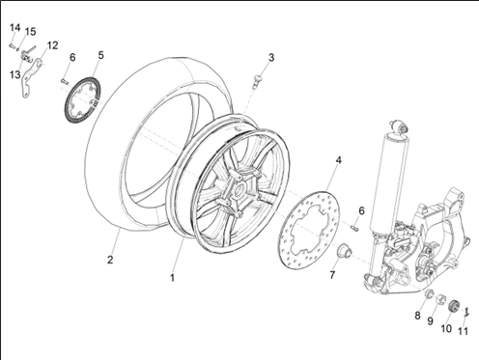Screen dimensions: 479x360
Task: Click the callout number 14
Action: pyautogui.click(x=14, y=28)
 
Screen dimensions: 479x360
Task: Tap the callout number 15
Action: pyautogui.click(x=30, y=32)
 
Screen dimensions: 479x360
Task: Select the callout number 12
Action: pyautogui.click(x=52, y=45)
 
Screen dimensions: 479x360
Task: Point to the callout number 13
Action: pyautogui.click(x=14, y=75)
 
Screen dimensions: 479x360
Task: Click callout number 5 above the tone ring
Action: pyautogui.click(x=100, y=55)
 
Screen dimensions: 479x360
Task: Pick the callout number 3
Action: pyautogui.click(x=271, y=58)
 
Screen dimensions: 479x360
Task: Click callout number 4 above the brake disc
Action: pyautogui.click(x=338, y=160)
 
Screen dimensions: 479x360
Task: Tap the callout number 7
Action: pyautogui.click(x=332, y=275)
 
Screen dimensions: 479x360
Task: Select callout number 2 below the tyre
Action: pyautogui.click(x=110, y=260)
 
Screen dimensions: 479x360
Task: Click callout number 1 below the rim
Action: pyautogui.click(x=172, y=278)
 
